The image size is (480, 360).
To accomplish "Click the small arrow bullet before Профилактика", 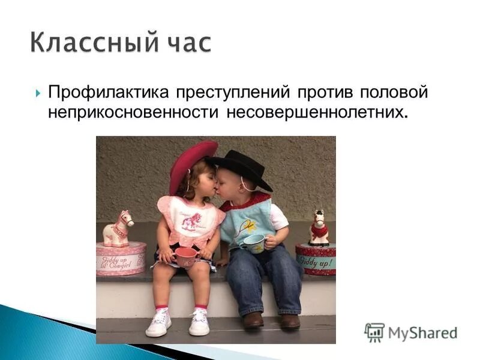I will [37, 94].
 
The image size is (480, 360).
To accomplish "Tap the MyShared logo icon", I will [374, 332].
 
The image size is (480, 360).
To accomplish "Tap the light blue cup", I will [255, 242].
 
